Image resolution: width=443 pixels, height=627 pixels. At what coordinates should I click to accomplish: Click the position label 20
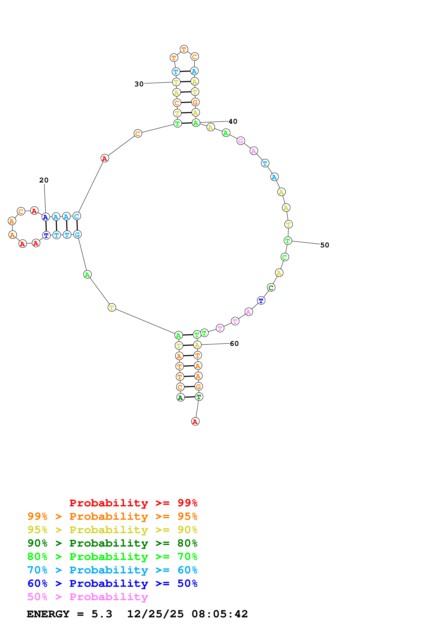pyautogui.click(x=44, y=180)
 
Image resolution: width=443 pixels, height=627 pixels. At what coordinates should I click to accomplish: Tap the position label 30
pyautogui.click(x=139, y=84)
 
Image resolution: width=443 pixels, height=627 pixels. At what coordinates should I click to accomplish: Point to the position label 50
pyautogui.click(x=325, y=245)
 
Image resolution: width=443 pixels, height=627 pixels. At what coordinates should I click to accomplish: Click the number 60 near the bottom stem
pyautogui.click(x=234, y=344)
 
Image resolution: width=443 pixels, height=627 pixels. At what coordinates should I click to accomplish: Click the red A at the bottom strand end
pyautogui.click(x=195, y=421)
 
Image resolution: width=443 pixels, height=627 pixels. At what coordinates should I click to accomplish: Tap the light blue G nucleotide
pyautogui.click(x=78, y=234)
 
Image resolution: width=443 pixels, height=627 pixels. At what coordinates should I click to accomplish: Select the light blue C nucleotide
pyautogui.click(x=77, y=216)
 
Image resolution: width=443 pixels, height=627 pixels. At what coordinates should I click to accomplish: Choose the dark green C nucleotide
pyautogui.click(x=271, y=288)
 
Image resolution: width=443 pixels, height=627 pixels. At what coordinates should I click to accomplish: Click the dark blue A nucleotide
pyautogui.click(x=46, y=217)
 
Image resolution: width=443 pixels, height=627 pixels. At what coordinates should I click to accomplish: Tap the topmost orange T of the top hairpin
pyautogui.click(x=184, y=50)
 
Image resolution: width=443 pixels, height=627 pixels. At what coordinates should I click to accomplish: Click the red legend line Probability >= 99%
pyautogui.click(x=133, y=503)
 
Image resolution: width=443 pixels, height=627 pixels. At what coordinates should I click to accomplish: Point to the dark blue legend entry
pyautogui.click(x=112, y=583)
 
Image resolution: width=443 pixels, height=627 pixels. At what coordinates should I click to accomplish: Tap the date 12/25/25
pyautogui.click(x=155, y=614)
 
